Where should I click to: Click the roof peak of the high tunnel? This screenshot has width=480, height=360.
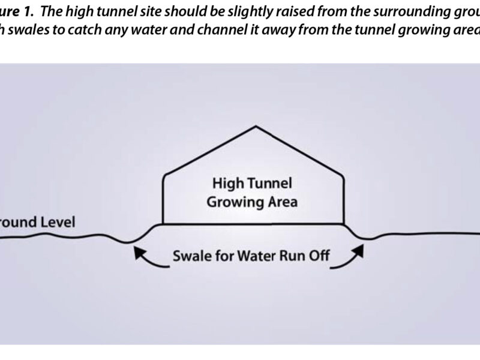(256, 126)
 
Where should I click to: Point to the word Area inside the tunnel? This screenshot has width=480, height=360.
(281, 202)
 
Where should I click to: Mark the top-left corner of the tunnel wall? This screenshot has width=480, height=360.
(164, 175)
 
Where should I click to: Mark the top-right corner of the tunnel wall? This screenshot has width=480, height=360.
(344, 175)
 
